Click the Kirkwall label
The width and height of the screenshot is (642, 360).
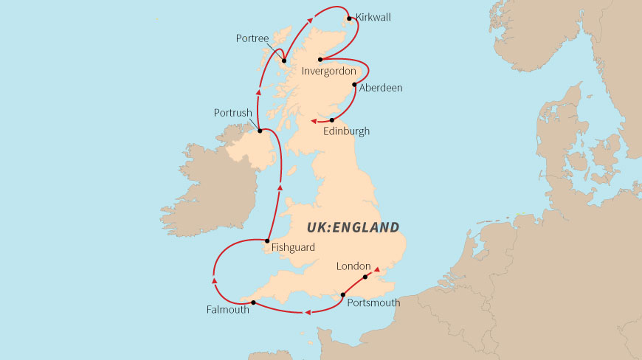pos(373,17)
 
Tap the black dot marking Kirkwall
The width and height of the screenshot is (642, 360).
pos(348,18)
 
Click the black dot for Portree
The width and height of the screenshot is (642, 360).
pos(284,61)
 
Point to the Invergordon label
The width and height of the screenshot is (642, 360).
pos(330,72)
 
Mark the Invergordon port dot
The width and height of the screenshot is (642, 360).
pos(320,60)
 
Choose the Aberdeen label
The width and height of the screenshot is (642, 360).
pos(381,88)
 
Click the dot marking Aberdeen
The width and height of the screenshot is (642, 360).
pos(355,85)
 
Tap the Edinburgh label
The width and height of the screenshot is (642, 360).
pos(347,131)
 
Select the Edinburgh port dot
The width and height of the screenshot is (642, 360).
pos(332,120)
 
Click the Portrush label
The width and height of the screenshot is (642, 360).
pos(233,114)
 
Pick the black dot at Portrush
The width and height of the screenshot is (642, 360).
pos(260,131)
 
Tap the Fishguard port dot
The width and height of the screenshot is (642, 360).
pos(266,240)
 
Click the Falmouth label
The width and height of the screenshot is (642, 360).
pos(227,311)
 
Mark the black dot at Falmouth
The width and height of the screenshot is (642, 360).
pos(253,302)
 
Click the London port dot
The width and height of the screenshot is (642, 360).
pos(365,277)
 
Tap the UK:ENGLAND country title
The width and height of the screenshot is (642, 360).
pos(353,227)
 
